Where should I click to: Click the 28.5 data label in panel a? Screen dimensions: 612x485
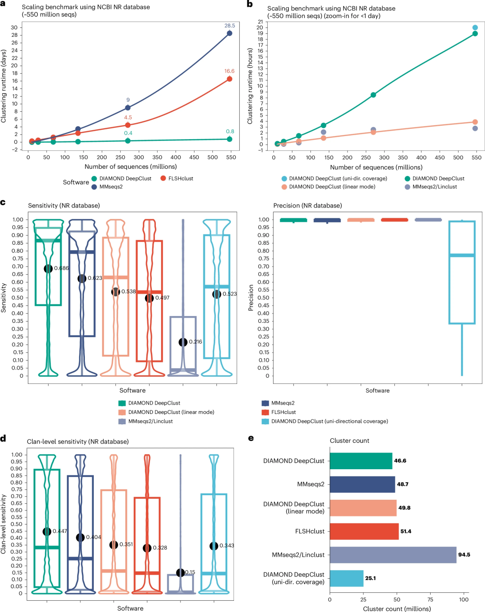[x=229, y=26]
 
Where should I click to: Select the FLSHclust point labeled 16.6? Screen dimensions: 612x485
[x=229, y=79]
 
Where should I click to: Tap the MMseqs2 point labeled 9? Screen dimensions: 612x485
[x=128, y=108]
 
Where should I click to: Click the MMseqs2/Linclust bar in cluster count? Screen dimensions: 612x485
[x=393, y=555]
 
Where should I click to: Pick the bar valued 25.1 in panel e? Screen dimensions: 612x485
[x=346, y=578]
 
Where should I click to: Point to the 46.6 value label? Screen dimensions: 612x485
[x=400, y=461]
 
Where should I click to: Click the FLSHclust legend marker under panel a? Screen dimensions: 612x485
[x=163, y=179]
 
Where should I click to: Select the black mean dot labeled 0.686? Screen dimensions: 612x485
[x=48, y=269]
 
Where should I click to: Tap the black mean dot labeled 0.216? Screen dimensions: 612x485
[x=183, y=342]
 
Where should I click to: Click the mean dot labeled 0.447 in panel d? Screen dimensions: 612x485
[x=47, y=532]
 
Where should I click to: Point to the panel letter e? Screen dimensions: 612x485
[x=251, y=438]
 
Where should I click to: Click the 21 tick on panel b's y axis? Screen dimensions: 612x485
[x=260, y=22]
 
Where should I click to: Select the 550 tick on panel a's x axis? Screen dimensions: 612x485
[x=231, y=158]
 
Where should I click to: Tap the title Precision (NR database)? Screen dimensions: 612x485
[x=308, y=206]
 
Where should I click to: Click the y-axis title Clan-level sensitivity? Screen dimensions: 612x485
[x=4, y=524]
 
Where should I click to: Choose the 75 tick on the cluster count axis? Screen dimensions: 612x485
[x=430, y=599]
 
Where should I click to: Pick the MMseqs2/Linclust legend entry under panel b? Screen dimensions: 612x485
[x=434, y=187]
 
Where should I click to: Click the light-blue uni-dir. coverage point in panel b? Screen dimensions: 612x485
[x=475, y=28]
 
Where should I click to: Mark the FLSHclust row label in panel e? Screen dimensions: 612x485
[x=309, y=532]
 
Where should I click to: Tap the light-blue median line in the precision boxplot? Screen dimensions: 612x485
[x=462, y=255]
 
